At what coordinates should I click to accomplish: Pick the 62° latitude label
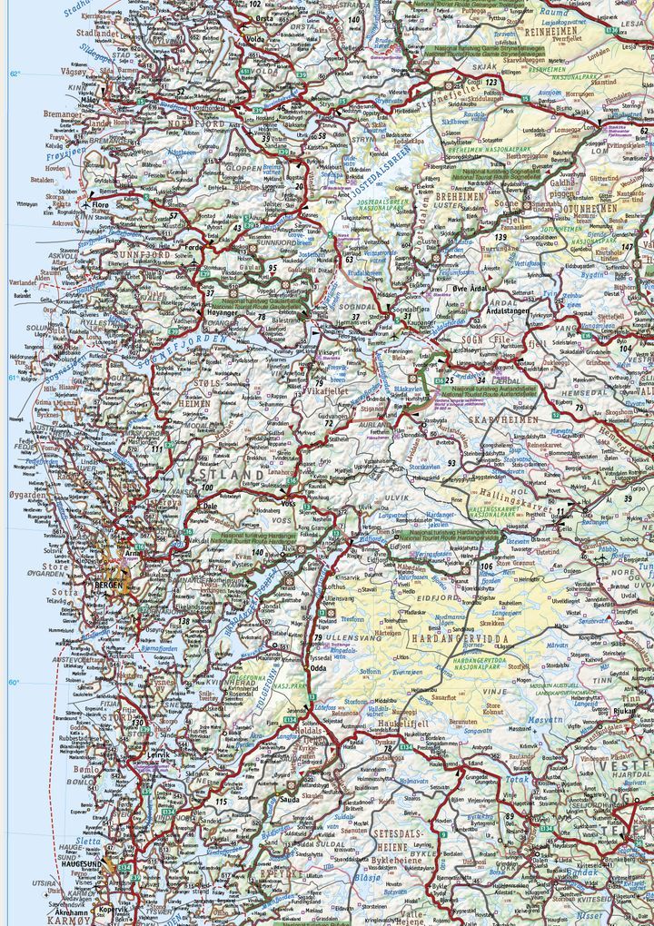[x=13, y=74]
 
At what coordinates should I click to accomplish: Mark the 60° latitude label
[x=13, y=683]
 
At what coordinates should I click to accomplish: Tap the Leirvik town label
[x=159, y=754]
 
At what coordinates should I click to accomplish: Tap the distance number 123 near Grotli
[x=491, y=83]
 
